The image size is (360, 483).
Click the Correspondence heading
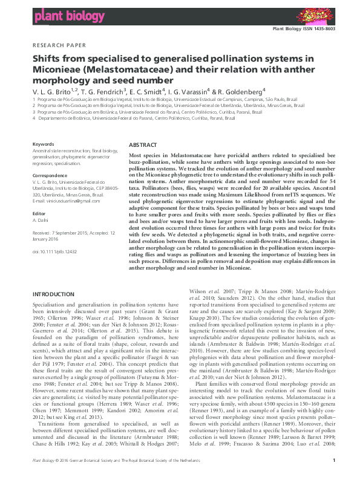click(50, 176)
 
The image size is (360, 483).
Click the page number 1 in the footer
click(334, 477)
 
